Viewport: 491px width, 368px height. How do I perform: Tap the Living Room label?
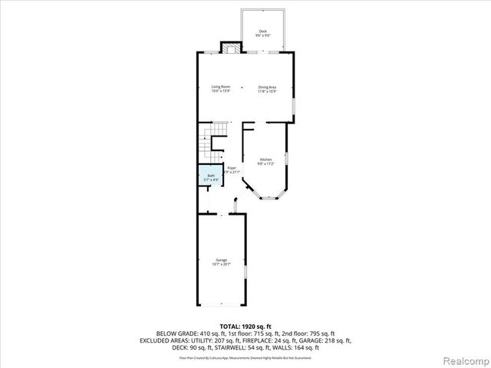[221, 87]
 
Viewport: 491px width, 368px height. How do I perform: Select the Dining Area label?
[267, 87]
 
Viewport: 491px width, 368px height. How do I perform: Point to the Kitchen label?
[265, 159]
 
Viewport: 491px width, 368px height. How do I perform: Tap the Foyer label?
[231, 167]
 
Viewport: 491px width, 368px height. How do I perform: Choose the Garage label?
[221, 260]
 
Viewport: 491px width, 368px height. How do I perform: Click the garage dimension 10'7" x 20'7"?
[221, 264]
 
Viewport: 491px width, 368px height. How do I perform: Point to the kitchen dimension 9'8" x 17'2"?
[265, 164]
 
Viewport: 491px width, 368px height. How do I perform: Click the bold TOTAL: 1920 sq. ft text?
[245, 327]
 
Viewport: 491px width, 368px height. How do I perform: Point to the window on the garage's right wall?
[245, 273]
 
